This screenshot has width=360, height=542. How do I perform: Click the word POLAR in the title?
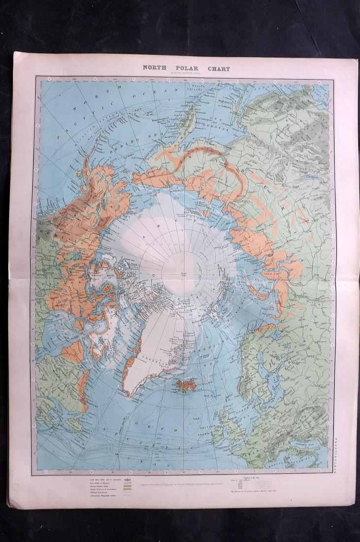tap(186, 68)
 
